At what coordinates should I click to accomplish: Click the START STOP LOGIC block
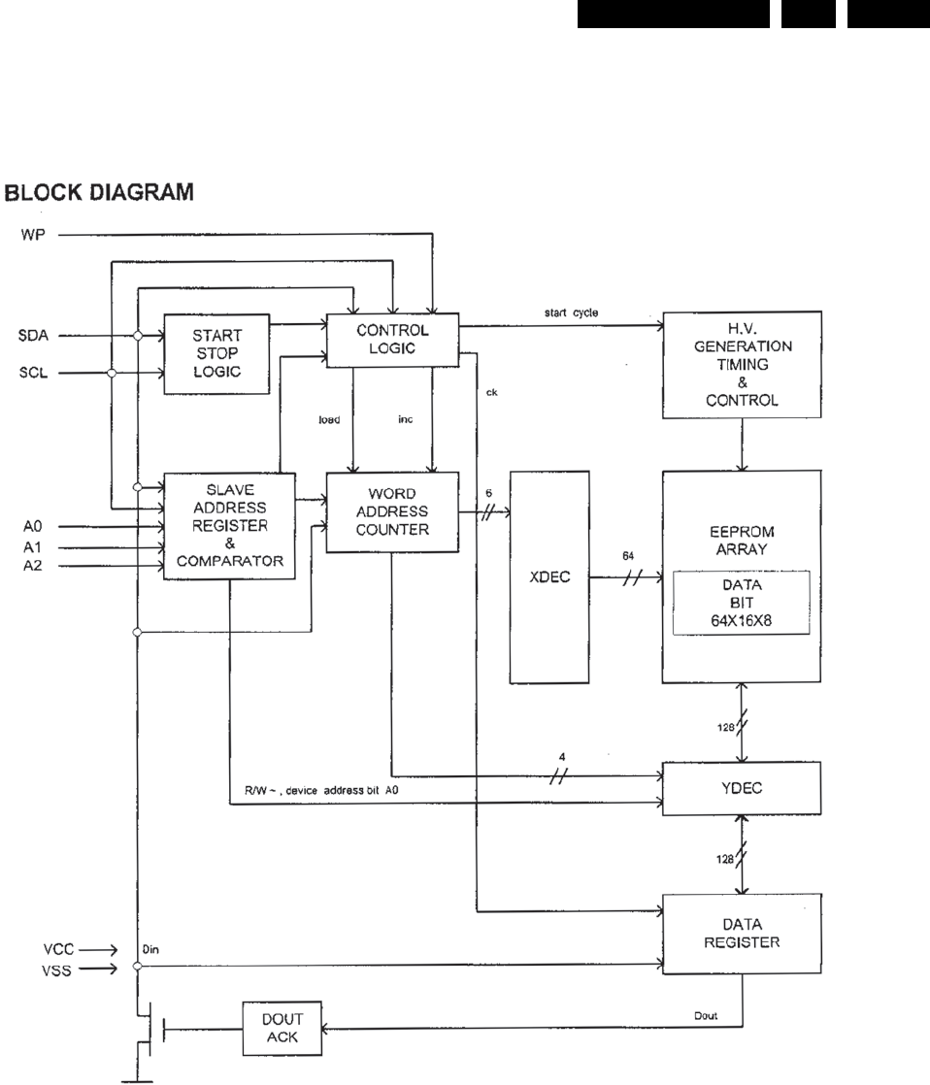click(x=216, y=353)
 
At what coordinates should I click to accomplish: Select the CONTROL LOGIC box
click(x=391, y=341)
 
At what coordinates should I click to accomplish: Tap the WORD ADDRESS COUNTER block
click(x=391, y=512)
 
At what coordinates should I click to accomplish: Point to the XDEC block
click(x=544, y=576)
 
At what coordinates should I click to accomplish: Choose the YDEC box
click(x=744, y=788)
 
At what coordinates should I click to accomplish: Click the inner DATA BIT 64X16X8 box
click(x=743, y=603)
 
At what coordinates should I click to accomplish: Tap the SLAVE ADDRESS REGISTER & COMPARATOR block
click(x=229, y=526)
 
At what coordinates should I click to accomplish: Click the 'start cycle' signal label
click(x=578, y=312)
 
